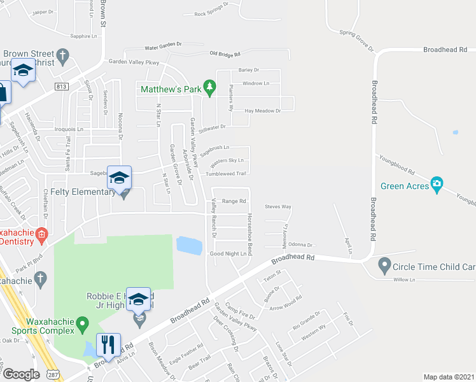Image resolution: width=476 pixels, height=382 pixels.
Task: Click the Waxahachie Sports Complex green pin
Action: click(x=81, y=325)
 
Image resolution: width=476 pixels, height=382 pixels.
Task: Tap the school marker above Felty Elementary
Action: click(x=119, y=178)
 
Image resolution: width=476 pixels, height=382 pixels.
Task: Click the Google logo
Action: click(x=21, y=374)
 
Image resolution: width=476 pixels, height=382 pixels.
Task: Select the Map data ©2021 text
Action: click(x=449, y=377)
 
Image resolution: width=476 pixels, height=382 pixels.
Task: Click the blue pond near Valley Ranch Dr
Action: click(x=189, y=245)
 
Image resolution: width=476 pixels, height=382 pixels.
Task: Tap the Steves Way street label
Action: click(x=278, y=207)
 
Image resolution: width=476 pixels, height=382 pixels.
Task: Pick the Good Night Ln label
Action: click(x=228, y=253)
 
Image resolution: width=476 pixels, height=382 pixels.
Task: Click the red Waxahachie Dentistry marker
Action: click(x=41, y=235)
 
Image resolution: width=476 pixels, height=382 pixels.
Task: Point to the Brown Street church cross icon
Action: click(x=62, y=57)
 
